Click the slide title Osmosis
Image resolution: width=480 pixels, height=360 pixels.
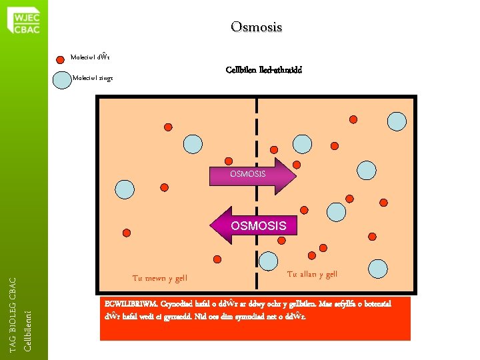point(257,27)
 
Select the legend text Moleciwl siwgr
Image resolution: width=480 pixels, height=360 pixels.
point(93,79)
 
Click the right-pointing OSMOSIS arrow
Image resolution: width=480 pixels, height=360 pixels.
point(252,175)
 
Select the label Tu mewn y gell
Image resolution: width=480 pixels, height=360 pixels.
point(160,278)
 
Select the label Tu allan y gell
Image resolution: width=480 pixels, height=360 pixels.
point(312,274)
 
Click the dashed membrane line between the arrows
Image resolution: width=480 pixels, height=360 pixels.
point(257,200)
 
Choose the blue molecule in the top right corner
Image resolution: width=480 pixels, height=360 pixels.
point(397,121)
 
